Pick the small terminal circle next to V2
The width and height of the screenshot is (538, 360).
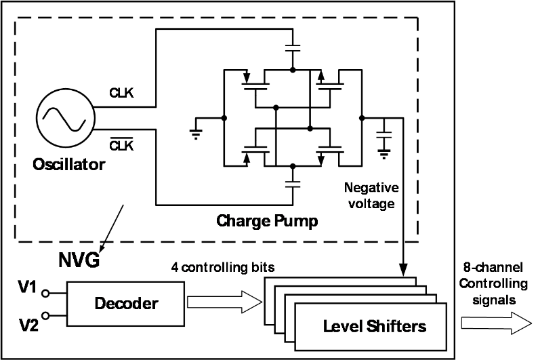click(x=45, y=315)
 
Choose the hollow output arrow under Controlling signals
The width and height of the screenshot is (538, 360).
click(x=495, y=323)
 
